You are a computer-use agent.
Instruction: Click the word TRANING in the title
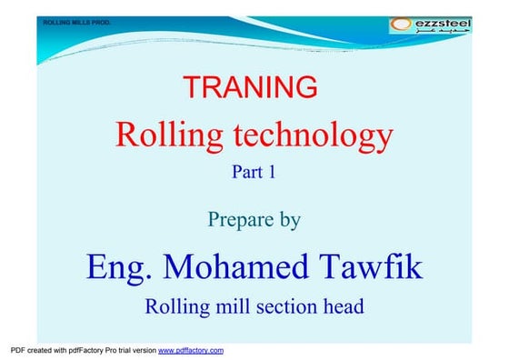pos(250,87)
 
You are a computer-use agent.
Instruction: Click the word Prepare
pos(241,219)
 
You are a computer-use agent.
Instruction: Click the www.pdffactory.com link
pos(191,350)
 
